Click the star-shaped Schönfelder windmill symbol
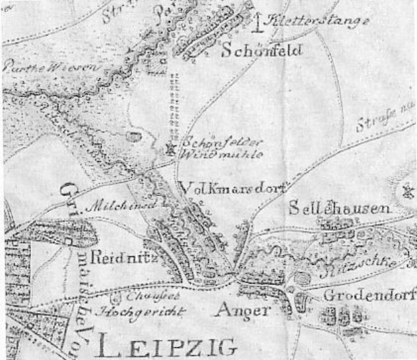(169, 150)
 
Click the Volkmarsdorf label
(233, 187)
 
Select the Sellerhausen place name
(339, 209)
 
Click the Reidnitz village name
(112, 258)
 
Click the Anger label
(243, 310)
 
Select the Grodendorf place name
(369, 295)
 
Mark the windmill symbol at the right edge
(408, 192)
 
